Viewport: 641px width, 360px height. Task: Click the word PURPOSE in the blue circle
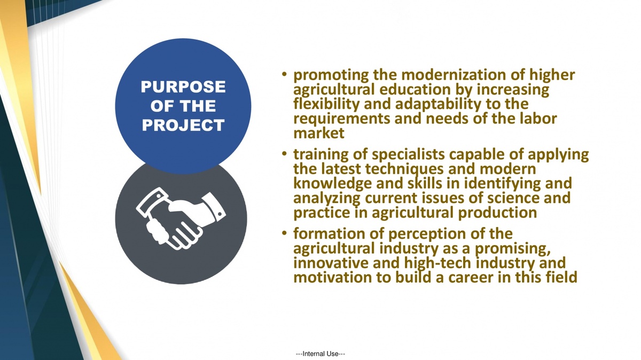183,87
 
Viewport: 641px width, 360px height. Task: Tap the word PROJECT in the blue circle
183,126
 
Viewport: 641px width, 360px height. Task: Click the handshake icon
181,218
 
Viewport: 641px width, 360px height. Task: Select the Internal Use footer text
320,354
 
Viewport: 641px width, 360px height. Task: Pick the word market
319,134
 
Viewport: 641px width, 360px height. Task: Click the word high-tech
437,263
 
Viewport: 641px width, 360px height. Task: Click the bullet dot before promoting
284,74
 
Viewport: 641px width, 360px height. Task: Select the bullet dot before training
284,154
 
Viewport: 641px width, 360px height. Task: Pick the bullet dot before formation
284,233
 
